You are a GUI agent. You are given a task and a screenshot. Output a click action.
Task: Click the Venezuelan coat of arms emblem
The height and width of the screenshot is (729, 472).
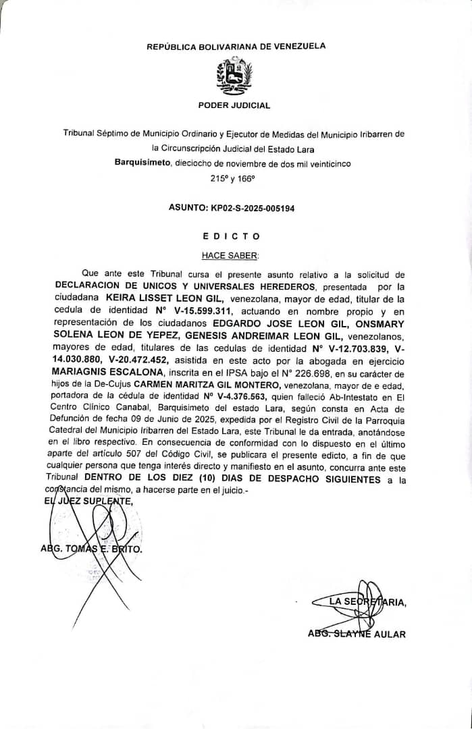click(x=234, y=76)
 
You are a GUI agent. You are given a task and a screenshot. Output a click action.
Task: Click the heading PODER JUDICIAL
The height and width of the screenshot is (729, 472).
click(x=234, y=105)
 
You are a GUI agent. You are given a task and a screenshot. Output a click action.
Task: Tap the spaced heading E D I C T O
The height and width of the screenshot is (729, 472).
click(x=231, y=236)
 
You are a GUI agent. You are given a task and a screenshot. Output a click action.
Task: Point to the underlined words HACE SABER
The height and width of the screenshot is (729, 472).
click(x=230, y=256)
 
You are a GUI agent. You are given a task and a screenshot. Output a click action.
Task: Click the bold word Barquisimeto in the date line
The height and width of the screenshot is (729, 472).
click(x=143, y=163)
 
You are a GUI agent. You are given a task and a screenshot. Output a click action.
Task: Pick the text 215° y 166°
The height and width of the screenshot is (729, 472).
click(x=233, y=180)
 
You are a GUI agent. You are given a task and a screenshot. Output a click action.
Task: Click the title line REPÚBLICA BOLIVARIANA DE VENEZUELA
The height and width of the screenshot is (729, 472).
click(x=236, y=47)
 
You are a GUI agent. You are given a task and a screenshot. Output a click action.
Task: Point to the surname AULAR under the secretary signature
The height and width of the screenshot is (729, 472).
click(x=390, y=634)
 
